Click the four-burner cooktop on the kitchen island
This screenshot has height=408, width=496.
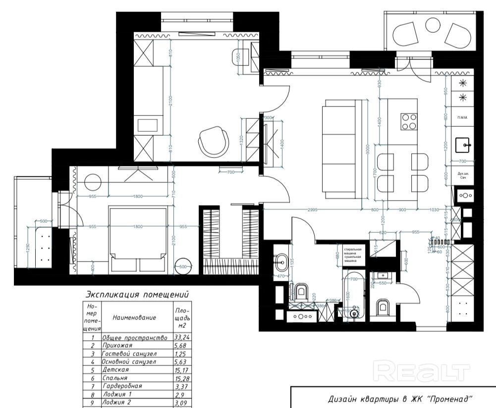click(x=409, y=121)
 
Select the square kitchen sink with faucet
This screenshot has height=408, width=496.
click(x=465, y=145)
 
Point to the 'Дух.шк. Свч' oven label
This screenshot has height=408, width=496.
click(x=463, y=175)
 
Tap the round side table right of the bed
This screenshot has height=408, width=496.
click(x=183, y=266)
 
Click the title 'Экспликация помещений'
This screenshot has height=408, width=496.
click(x=137, y=294)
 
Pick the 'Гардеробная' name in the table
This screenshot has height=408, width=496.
click(x=122, y=386)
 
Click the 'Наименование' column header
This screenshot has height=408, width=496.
click(x=134, y=317)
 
